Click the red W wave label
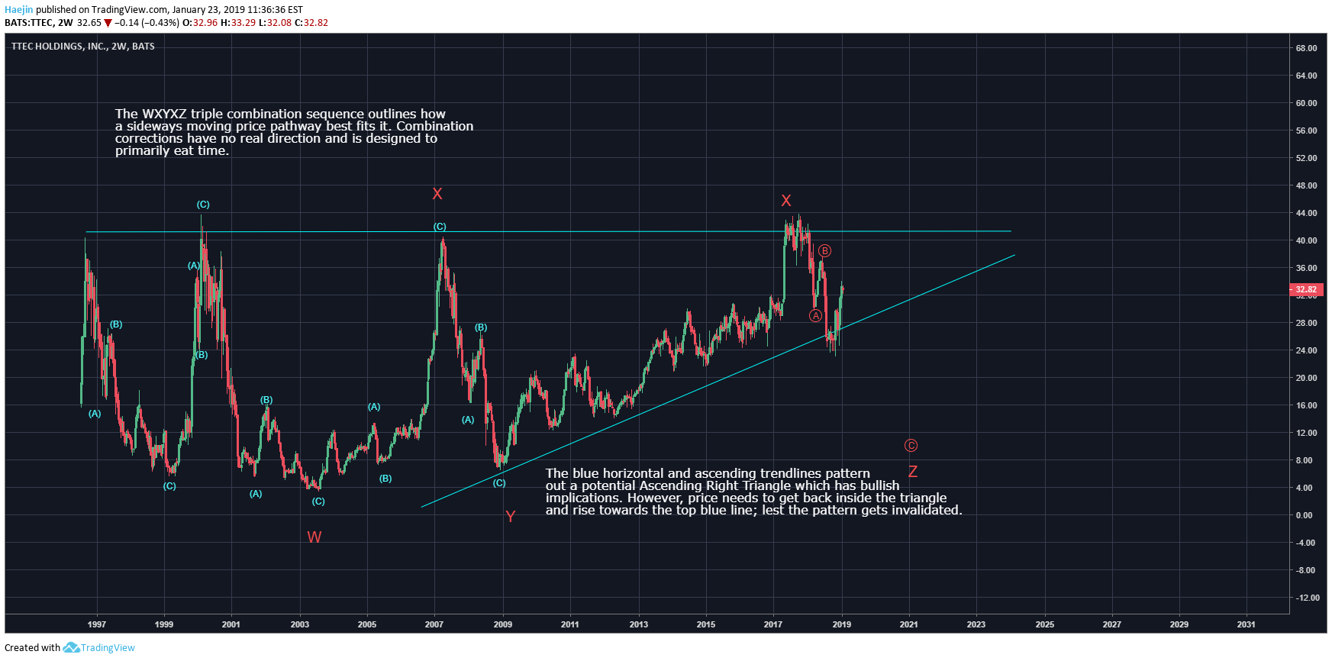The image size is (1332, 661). [x=314, y=537]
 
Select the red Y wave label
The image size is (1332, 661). [x=511, y=517]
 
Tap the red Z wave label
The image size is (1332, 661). [x=912, y=472]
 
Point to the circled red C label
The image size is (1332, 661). [x=911, y=446]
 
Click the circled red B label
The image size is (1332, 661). [x=824, y=251]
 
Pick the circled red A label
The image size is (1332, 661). [x=815, y=316]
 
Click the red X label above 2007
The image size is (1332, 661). [x=437, y=194]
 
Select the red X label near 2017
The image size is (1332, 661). [x=786, y=201]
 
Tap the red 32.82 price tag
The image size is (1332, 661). [x=1306, y=289]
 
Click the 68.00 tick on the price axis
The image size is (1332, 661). [x=1306, y=48]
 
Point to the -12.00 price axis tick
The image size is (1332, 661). [x=1306, y=598]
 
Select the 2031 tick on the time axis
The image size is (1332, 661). [x=1246, y=624]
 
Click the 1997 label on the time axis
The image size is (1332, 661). [x=97, y=624]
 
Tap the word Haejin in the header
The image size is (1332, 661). [x=19, y=10]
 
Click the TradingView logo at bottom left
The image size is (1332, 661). [x=98, y=648]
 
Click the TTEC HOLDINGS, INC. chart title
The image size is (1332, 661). [x=59, y=47]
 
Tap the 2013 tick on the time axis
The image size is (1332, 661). [x=639, y=624]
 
